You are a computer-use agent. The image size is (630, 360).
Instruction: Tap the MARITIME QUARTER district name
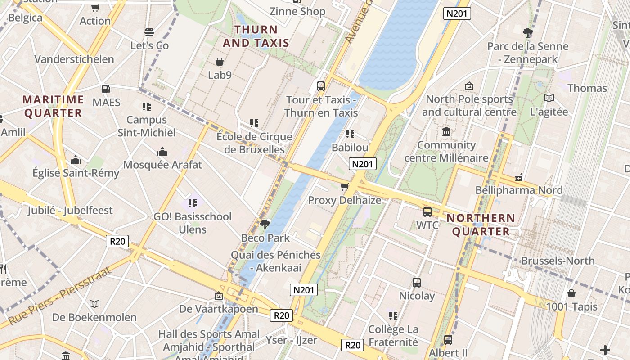[x=53, y=106]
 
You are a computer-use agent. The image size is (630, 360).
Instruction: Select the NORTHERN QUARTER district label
[x=481, y=225]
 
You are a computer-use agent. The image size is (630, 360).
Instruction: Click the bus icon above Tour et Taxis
[x=321, y=86]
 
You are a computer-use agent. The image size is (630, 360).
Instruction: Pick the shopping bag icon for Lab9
[x=220, y=62]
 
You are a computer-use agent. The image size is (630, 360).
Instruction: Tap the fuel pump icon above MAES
[x=106, y=89]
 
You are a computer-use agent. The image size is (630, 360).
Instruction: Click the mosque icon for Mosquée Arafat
[x=162, y=152]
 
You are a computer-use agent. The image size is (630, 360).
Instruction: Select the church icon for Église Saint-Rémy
[x=76, y=160]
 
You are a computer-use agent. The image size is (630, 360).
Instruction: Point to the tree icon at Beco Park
[x=265, y=224]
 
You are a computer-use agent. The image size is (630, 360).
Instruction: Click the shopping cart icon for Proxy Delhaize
[x=345, y=187]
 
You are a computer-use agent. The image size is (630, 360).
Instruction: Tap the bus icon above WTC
[x=427, y=211]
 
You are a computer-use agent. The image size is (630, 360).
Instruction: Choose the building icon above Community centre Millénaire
[x=446, y=132]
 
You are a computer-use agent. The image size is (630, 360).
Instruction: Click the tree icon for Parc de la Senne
[x=528, y=33]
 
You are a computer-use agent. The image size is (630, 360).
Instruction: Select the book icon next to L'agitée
[x=549, y=98]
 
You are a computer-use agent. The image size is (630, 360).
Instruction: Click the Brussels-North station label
[x=558, y=261]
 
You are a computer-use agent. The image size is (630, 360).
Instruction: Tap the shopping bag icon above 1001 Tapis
[x=571, y=293]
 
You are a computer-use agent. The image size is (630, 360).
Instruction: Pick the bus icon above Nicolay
[x=417, y=283]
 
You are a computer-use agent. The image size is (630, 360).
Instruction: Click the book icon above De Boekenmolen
[x=94, y=304]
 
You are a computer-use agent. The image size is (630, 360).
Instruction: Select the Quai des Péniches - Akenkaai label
[x=276, y=261]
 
